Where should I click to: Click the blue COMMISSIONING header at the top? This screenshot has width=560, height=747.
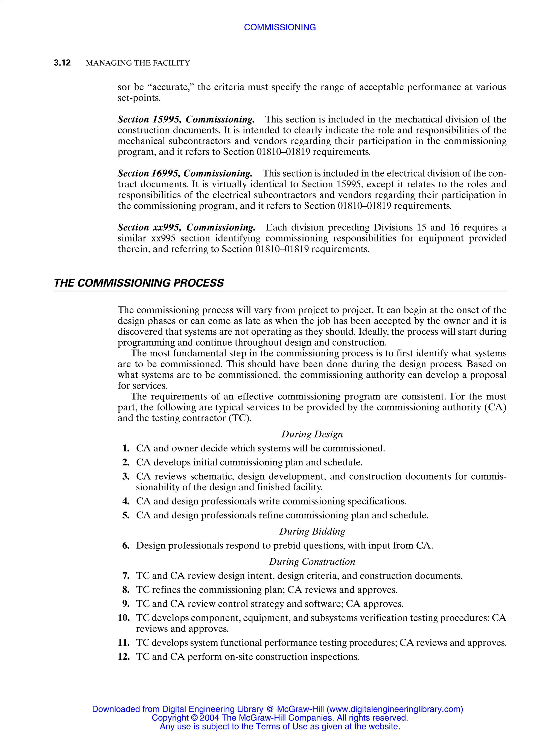click(280, 27)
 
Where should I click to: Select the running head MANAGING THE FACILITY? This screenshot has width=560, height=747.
click(138, 63)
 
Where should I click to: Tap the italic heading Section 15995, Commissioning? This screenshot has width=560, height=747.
click(186, 119)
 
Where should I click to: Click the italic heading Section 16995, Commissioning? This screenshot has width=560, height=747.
click(185, 173)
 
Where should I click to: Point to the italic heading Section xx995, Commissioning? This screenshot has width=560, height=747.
click(186, 227)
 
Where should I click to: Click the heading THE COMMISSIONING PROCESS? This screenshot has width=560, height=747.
click(139, 283)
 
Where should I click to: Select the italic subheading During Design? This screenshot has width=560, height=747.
click(312, 434)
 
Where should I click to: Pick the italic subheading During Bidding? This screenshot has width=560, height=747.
click(312, 531)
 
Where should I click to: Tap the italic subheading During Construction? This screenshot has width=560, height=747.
click(312, 561)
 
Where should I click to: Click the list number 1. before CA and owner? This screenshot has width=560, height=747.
click(126, 448)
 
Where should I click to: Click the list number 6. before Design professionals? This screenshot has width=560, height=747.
click(126, 545)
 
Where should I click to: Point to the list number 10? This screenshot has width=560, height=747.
click(124, 618)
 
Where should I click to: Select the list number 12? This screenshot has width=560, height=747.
click(124, 656)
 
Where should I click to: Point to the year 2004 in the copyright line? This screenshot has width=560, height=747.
click(209, 718)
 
